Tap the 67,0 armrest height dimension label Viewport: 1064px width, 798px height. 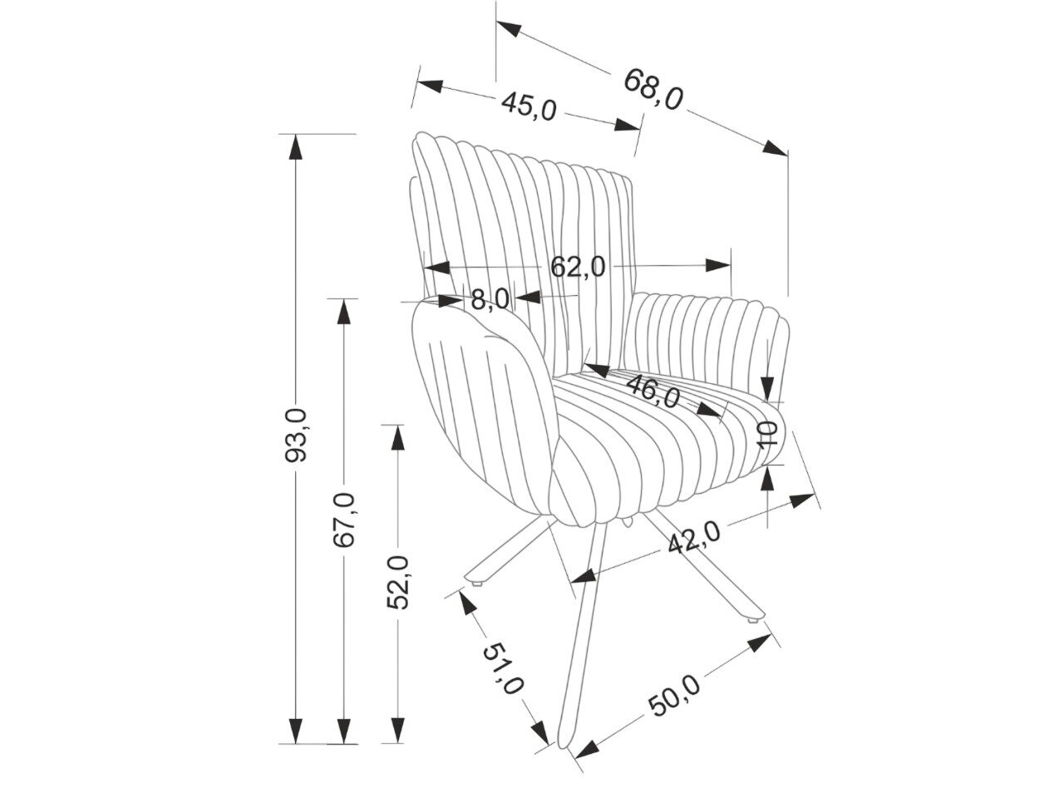[344, 520]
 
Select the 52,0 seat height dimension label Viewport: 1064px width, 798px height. [400, 583]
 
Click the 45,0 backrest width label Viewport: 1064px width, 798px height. [528, 106]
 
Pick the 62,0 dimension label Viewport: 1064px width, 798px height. [578, 267]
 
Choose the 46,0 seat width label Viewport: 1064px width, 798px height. [653, 390]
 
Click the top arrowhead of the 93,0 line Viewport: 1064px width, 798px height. [293, 145]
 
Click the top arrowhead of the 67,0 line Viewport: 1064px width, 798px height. [342, 310]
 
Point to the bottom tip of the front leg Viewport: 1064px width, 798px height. [568, 748]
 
